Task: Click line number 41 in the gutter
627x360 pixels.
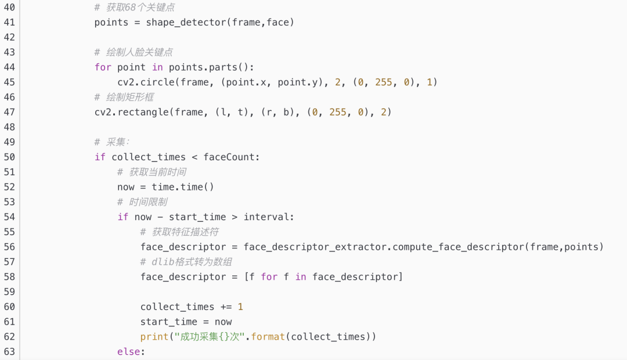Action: point(9,22)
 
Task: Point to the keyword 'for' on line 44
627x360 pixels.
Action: point(103,67)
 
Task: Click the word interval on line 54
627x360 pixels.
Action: point(268,217)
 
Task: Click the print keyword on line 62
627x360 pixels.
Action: point(154,337)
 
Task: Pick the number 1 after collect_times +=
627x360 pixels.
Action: point(240,307)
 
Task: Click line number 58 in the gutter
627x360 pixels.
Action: point(9,277)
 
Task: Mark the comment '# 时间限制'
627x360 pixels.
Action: point(142,202)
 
